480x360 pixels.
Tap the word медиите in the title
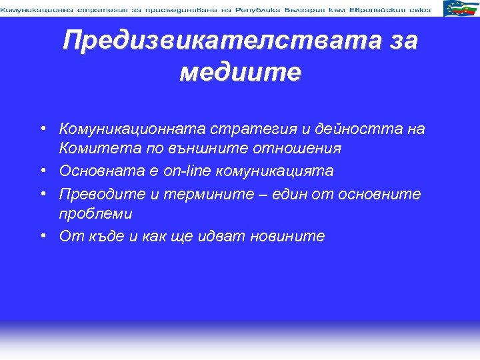(x=240, y=71)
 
